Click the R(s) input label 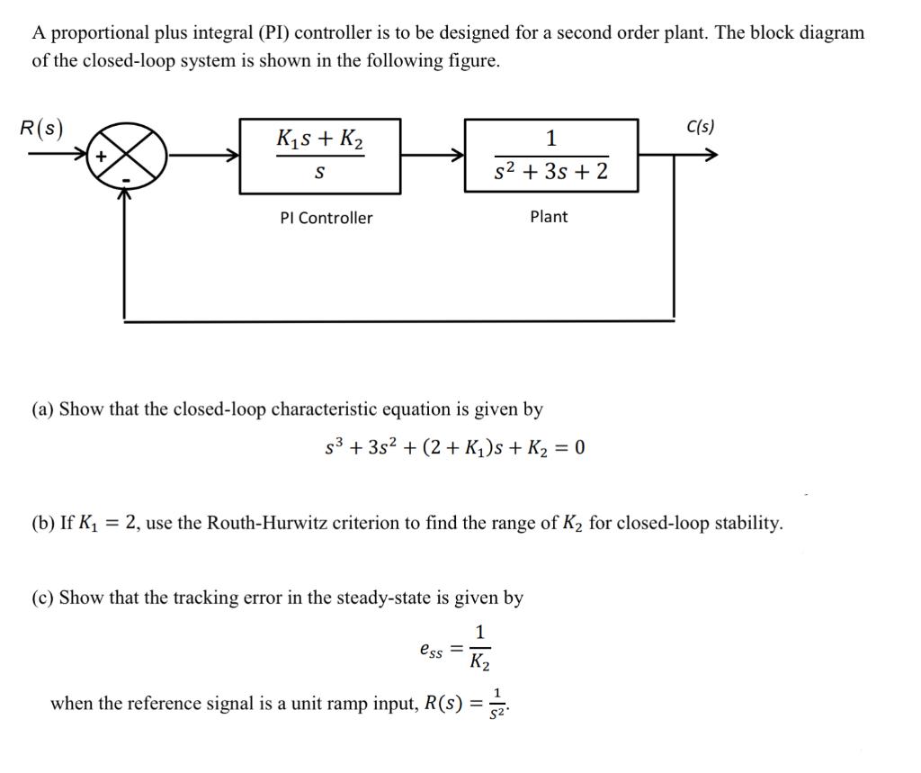coord(42,129)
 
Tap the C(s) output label coord(700,127)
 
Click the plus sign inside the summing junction coord(102,157)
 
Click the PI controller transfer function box coord(319,156)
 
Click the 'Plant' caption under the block coord(549,217)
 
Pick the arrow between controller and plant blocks coord(432,156)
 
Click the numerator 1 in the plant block coord(551,138)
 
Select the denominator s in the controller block coord(319,172)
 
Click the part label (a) coord(42,409)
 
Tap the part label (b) coord(42,523)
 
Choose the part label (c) coord(42,598)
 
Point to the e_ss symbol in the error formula coord(431,647)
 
